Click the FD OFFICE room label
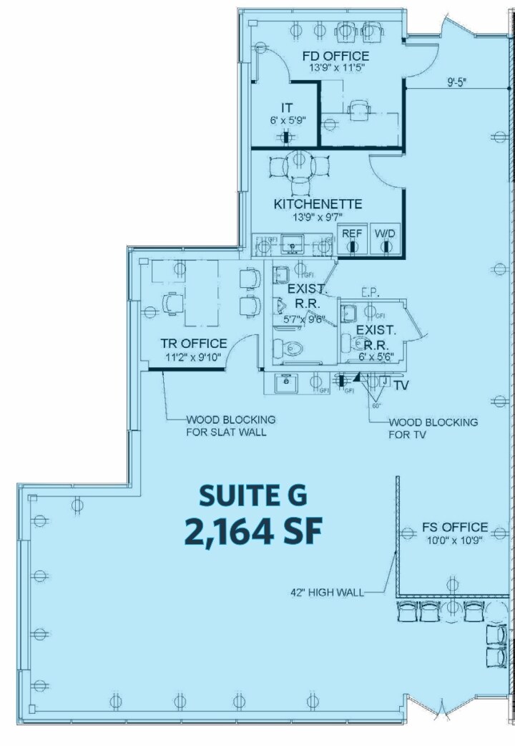[x=335, y=56]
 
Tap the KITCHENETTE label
[x=318, y=204]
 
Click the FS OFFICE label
[x=454, y=528]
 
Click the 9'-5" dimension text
[x=457, y=83]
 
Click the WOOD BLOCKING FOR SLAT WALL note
[x=221, y=426]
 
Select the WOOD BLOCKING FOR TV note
[x=433, y=428]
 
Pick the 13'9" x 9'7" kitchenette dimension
[x=318, y=217]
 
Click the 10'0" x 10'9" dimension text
[x=454, y=541]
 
